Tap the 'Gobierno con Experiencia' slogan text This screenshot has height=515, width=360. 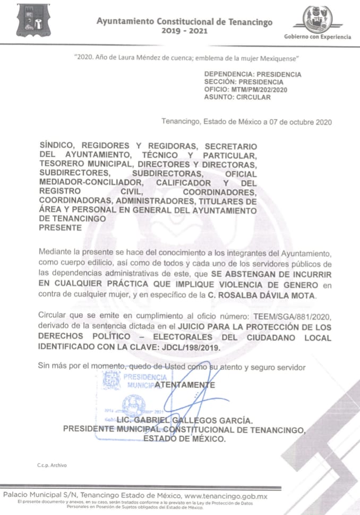[x=318, y=37]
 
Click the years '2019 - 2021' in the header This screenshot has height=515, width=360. [x=184, y=31]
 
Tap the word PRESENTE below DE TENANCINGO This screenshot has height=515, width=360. [x=61, y=228]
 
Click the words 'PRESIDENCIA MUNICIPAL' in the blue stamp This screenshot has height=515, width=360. [x=142, y=381]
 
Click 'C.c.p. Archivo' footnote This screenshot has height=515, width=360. [x=52, y=465]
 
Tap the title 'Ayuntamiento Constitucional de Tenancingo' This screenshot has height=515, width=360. [x=184, y=22]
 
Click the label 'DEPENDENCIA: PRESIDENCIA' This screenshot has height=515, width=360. [x=252, y=74]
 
